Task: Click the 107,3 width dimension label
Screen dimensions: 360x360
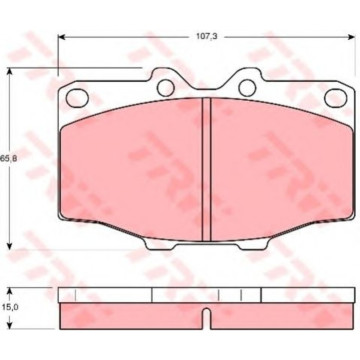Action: pyautogui.click(x=207, y=36)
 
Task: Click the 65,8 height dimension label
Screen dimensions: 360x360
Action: pyautogui.click(x=8, y=158)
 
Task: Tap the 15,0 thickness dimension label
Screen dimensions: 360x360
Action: pyautogui.click(x=10, y=307)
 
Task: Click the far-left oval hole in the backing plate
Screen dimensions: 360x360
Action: pyautogui.click(x=77, y=98)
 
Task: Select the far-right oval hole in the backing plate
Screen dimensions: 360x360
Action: pyautogui.click(x=335, y=98)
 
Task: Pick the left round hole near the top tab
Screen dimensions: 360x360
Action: pyautogui.click(x=165, y=88)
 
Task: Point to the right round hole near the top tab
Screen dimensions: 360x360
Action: pyautogui.click(x=247, y=88)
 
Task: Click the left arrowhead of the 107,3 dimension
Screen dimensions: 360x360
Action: pyautogui.click(x=62, y=37)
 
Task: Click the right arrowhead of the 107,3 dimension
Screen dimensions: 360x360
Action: pyautogui.click(x=352, y=37)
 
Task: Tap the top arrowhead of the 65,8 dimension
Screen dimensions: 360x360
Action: pyautogui.click(x=9, y=72)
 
